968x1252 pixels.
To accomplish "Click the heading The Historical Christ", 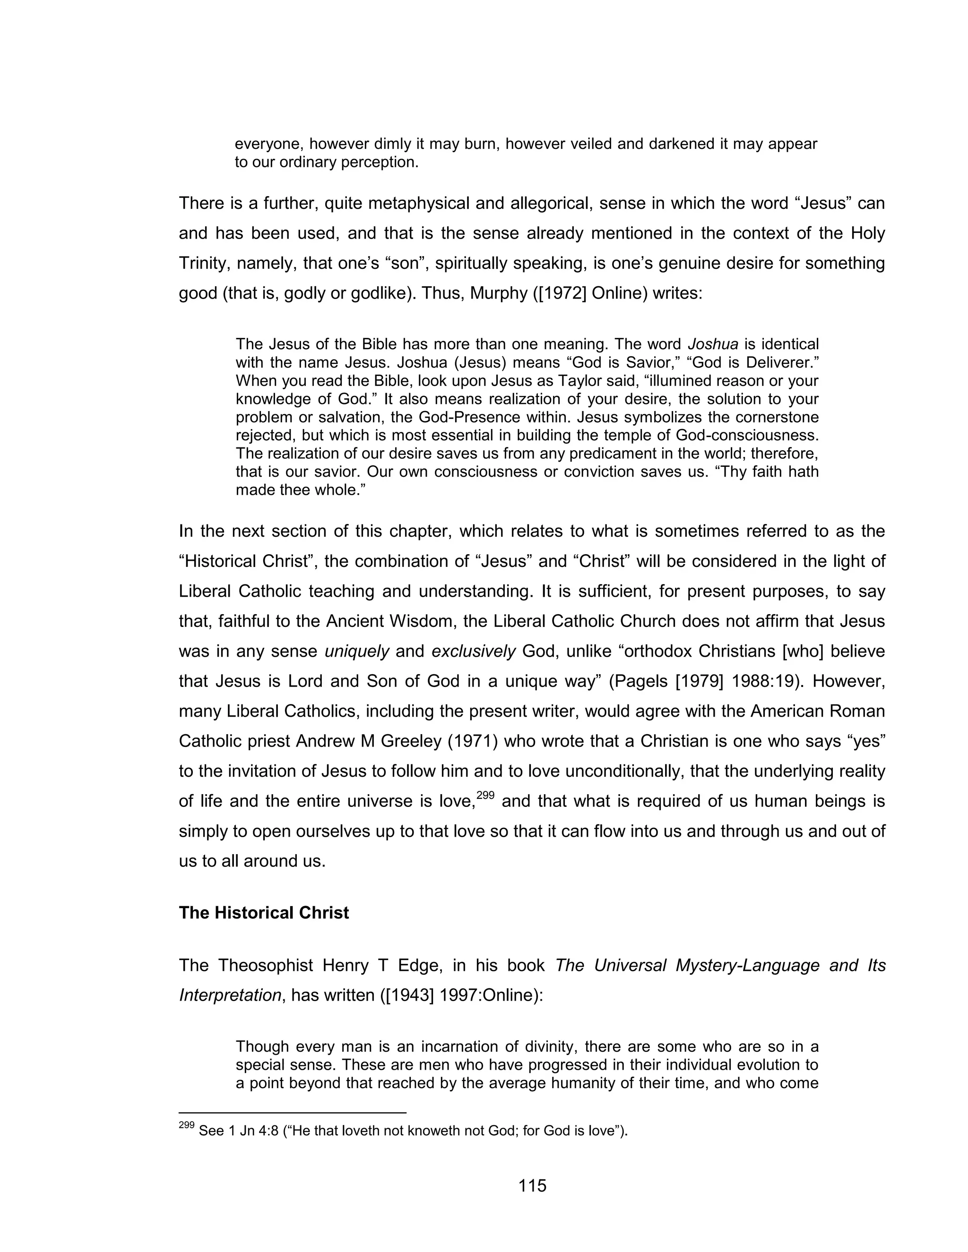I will point(264,913).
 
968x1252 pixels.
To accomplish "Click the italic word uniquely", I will point(357,651).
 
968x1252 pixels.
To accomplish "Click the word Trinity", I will point(202,263).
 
